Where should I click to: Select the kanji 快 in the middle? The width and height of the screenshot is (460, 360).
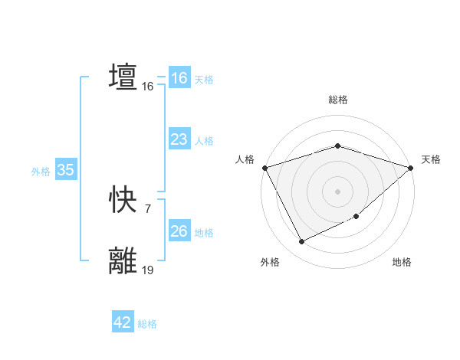[123, 201]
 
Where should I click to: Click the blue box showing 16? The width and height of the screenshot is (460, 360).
[179, 78]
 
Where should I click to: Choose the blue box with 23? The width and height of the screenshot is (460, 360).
[179, 139]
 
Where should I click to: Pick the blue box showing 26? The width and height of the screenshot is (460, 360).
[179, 231]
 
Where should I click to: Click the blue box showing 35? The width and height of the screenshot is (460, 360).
[65, 171]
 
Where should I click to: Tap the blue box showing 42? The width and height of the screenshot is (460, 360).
[123, 322]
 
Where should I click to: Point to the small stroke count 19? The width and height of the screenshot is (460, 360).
[148, 270]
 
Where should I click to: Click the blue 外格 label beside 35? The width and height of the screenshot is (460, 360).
[41, 172]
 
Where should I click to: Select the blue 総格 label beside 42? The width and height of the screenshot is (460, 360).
[147, 324]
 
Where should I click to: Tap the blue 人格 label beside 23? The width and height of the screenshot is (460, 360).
[204, 141]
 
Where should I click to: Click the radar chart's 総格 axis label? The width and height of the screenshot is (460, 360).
[338, 100]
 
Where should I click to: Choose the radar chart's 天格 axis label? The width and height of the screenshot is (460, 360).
[431, 159]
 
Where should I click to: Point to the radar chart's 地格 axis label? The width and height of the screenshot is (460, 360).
[402, 262]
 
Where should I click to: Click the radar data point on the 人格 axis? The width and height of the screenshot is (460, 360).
[264, 167]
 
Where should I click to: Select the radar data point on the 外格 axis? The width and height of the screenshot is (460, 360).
[301, 242]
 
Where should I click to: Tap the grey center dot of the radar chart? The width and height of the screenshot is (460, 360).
[338, 191]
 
